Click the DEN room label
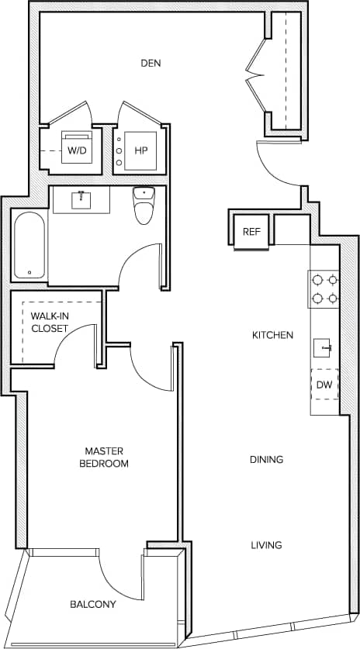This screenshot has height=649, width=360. (151, 63)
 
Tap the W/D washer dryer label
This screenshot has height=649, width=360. (77, 150)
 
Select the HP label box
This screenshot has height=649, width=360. (141, 150)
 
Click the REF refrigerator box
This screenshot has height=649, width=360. (251, 232)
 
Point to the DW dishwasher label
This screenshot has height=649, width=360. (324, 384)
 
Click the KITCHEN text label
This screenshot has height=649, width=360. (272, 335)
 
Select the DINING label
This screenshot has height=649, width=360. (266, 459)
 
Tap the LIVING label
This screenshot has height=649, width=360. (266, 545)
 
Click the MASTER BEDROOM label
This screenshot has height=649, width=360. (106, 457)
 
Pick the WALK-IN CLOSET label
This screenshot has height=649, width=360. (50, 322)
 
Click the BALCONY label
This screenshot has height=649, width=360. (93, 605)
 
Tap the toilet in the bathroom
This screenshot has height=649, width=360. (144, 207)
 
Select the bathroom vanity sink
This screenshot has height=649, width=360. (81, 200)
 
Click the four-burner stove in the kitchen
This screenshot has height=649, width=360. (324, 288)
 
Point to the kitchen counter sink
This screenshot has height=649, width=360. (324, 347)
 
